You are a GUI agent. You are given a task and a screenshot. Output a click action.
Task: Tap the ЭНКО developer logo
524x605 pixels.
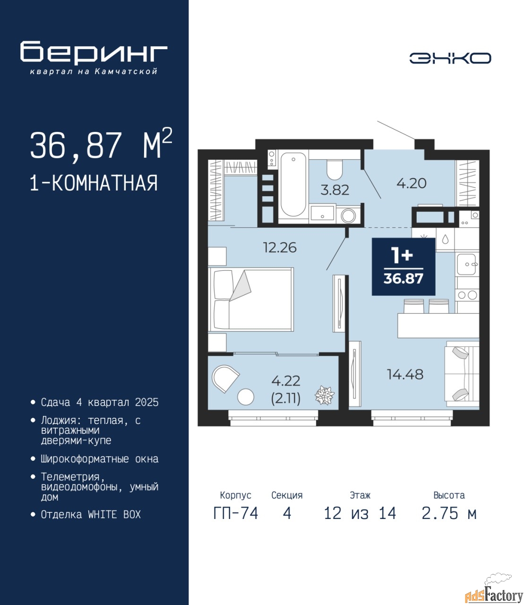[x=450, y=58]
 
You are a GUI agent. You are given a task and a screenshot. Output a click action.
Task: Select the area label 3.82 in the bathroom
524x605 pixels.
[x=335, y=190]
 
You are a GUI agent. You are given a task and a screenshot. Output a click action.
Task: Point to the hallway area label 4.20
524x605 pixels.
[x=412, y=183]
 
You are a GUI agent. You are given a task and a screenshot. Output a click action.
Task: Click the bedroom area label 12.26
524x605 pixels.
[x=280, y=248]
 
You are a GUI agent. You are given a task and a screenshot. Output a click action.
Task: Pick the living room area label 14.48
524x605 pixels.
[x=405, y=374]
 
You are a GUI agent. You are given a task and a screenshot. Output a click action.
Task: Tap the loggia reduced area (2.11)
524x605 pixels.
[x=286, y=398]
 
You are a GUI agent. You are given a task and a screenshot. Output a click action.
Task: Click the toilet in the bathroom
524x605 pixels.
[x=334, y=170]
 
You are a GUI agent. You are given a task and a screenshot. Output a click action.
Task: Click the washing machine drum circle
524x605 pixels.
[x=348, y=216]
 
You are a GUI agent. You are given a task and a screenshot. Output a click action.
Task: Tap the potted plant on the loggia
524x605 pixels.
[x=325, y=395]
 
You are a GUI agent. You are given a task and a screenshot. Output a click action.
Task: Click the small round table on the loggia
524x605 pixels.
[x=246, y=397]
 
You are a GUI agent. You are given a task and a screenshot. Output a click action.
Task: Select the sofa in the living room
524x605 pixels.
[x=462, y=375]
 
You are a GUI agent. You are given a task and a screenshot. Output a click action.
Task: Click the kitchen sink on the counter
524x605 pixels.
[x=467, y=264]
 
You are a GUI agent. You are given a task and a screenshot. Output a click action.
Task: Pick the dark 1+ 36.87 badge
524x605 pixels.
[x=404, y=267]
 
